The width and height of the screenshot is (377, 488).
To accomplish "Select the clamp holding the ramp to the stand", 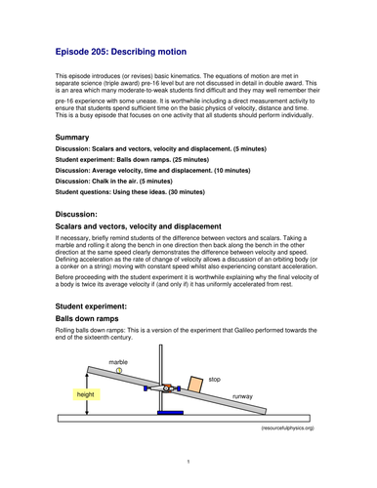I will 168,387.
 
